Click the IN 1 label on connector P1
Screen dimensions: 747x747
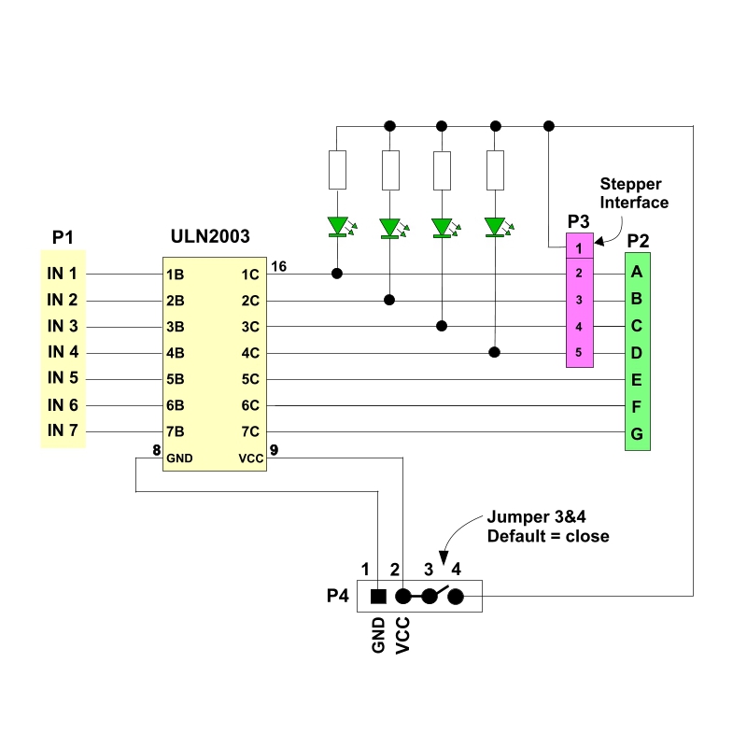coord(63,274)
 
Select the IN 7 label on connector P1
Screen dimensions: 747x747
coord(63,430)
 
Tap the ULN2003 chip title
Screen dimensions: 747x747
coord(210,237)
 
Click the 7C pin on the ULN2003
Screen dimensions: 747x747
coord(249,431)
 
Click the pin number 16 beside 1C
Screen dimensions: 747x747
coord(278,267)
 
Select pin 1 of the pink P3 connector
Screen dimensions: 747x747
coord(579,248)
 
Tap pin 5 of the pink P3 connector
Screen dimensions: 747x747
coord(579,353)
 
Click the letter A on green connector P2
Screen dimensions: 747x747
coord(637,273)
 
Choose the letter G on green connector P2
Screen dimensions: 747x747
coord(637,434)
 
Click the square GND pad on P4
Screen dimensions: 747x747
coord(378,596)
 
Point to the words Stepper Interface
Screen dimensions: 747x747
coord(634,193)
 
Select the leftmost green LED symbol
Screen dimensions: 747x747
coord(337,226)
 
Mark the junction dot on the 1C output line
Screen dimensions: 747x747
coord(337,274)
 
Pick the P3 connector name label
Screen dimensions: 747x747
coord(579,222)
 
